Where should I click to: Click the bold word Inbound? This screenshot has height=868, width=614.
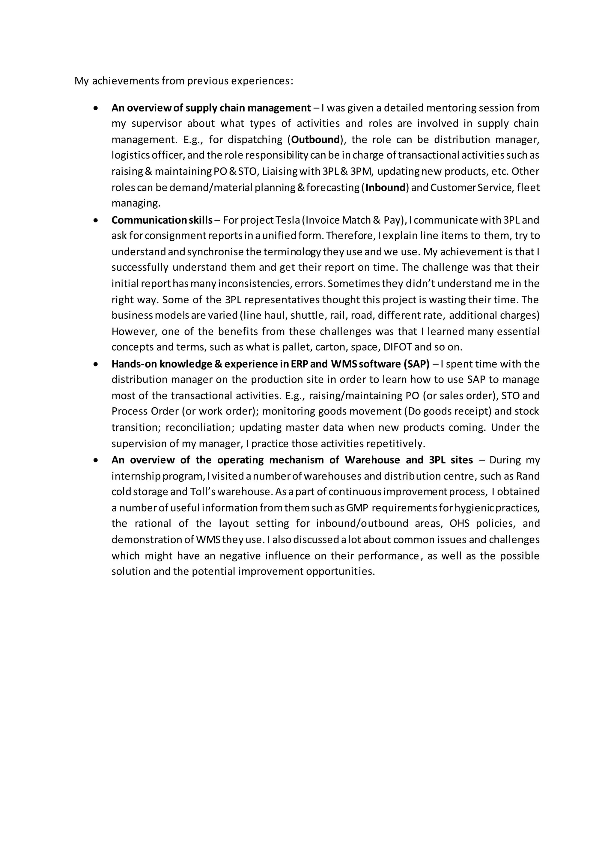click(x=385, y=188)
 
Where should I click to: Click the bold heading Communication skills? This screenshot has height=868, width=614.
click(x=162, y=220)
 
